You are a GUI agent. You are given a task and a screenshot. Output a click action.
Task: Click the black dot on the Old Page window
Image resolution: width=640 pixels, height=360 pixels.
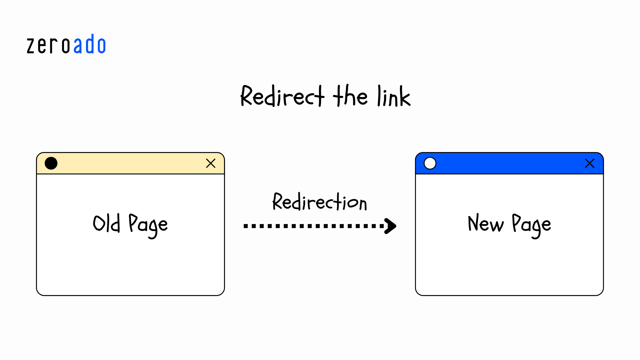tap(51, 163)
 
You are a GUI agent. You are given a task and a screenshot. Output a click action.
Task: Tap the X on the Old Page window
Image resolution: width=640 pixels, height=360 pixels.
tap(211, 163)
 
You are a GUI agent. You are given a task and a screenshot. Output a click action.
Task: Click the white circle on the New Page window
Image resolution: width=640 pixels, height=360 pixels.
tap(430, 163)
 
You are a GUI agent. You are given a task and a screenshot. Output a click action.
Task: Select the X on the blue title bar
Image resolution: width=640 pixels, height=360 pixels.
tap(590, 163)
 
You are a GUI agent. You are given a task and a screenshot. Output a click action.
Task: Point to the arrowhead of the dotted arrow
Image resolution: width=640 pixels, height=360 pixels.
tap(391, 226)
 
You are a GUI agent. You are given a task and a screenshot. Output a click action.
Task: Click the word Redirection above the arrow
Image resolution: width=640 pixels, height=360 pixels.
tap(320, 202)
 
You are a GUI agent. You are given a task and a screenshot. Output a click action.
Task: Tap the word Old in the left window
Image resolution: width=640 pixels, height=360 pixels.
tap(106, 223)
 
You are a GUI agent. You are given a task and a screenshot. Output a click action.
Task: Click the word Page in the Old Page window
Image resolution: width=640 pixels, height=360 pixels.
tap(148, 225)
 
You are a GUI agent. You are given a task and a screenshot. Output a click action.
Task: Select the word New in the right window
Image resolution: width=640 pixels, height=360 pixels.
tap(486, 223)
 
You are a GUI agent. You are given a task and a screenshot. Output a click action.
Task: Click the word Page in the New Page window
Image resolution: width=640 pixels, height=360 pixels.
tap(531, 225)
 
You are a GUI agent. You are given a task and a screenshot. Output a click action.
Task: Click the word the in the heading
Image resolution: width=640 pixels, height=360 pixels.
tap(350, 96)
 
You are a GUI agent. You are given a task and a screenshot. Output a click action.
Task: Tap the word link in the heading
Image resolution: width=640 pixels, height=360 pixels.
tap(394, 97)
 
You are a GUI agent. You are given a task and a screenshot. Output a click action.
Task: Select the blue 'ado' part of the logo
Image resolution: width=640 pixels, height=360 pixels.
tap(89, 45)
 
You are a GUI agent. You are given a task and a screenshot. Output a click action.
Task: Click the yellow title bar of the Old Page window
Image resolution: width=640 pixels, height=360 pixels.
tap(130, 163)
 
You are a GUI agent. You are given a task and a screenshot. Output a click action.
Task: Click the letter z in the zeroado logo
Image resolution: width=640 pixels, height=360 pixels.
tap(31, 46)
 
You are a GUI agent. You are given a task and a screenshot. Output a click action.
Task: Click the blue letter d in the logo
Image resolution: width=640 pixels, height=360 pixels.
tap(90, 44)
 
